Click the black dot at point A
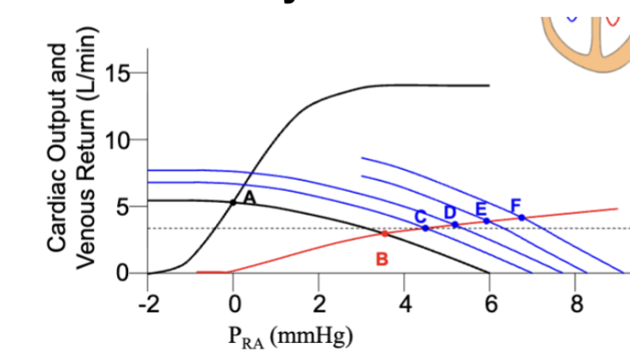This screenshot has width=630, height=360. (x=233, y=202)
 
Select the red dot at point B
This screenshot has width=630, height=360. (x=384, y=234)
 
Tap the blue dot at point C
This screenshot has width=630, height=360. (x=425, y=228)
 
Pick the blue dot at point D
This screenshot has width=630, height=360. (x=455, y=224)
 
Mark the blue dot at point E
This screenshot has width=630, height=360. (x=487, y=221)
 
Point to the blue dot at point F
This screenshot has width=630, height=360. (x=522, y=218)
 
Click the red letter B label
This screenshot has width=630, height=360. (x=382, y=259)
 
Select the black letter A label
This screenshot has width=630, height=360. (x=249, y=198)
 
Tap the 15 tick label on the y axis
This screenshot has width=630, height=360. (x=117, y=73)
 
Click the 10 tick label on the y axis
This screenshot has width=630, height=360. (x=117, y=140)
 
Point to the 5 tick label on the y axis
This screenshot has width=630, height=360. (x=123, y=207)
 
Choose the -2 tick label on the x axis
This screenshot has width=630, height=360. (x=149, y=304)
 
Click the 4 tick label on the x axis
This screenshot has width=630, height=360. (x=405, y=304)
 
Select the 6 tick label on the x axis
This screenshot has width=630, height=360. (x=491, y=304)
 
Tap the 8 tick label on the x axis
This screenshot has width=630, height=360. (x=576, y=304)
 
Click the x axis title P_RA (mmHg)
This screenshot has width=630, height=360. (x=290, y=336)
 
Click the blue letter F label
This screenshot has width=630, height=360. (x=516, y=206)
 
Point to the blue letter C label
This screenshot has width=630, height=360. (x=420, y=217)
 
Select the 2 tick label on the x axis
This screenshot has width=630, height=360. (x=319, y=304)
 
